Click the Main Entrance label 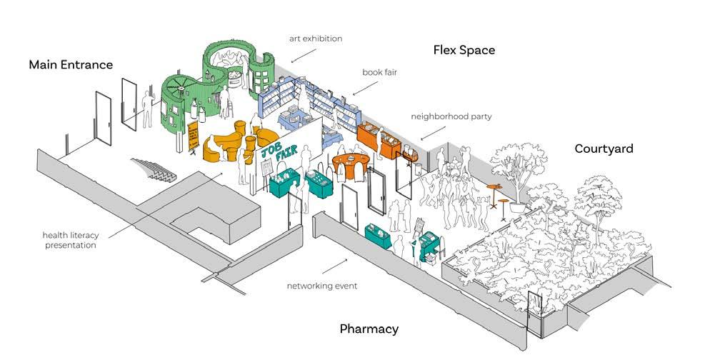pos(71,65)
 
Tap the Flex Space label pos(464,50)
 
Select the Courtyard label pos(604,149)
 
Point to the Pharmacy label pos(369,329)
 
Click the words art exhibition pos(315,38)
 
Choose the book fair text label pos(379,72)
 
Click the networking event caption pos(321,286)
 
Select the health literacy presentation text pos(69,239)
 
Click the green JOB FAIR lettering pos(277,150)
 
